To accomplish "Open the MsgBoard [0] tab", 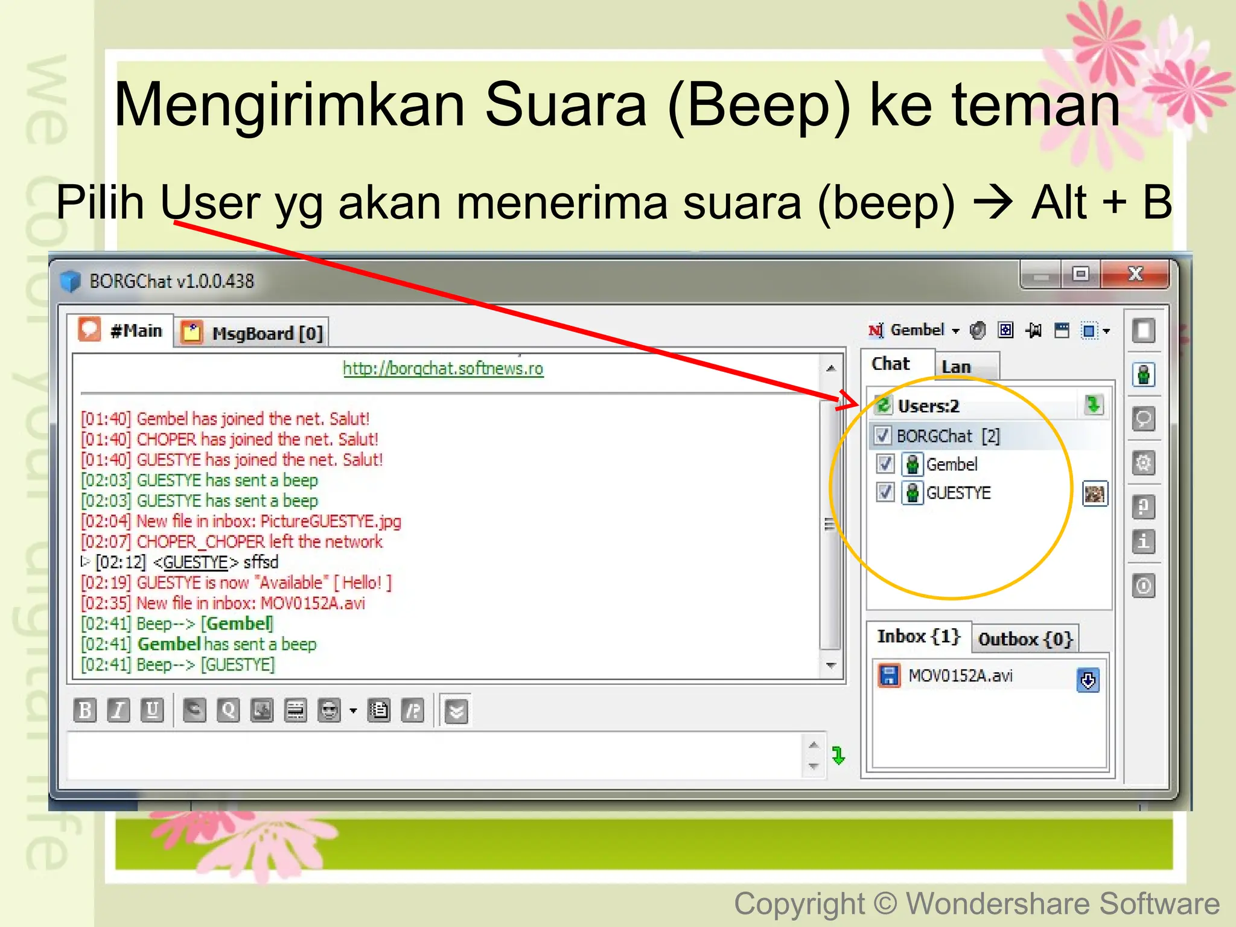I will coord(253,333).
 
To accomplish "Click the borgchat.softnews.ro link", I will coord(443,368).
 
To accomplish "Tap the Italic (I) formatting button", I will coord(118,710).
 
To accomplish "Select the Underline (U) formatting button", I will coord(152,710).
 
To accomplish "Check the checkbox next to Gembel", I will coord(885,464).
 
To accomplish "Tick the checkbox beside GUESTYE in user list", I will coord(885,492).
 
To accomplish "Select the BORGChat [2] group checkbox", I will coord(882,436).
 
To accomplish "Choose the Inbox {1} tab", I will coord(918,637).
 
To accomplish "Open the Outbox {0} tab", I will coord(1025,639).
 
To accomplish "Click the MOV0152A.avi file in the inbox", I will coord(960,675).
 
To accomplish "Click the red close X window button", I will coord(1135,274).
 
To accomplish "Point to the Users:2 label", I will coord(928,406).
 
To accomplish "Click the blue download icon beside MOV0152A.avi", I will coord(1088,681).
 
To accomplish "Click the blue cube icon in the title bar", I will coord(71,281).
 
